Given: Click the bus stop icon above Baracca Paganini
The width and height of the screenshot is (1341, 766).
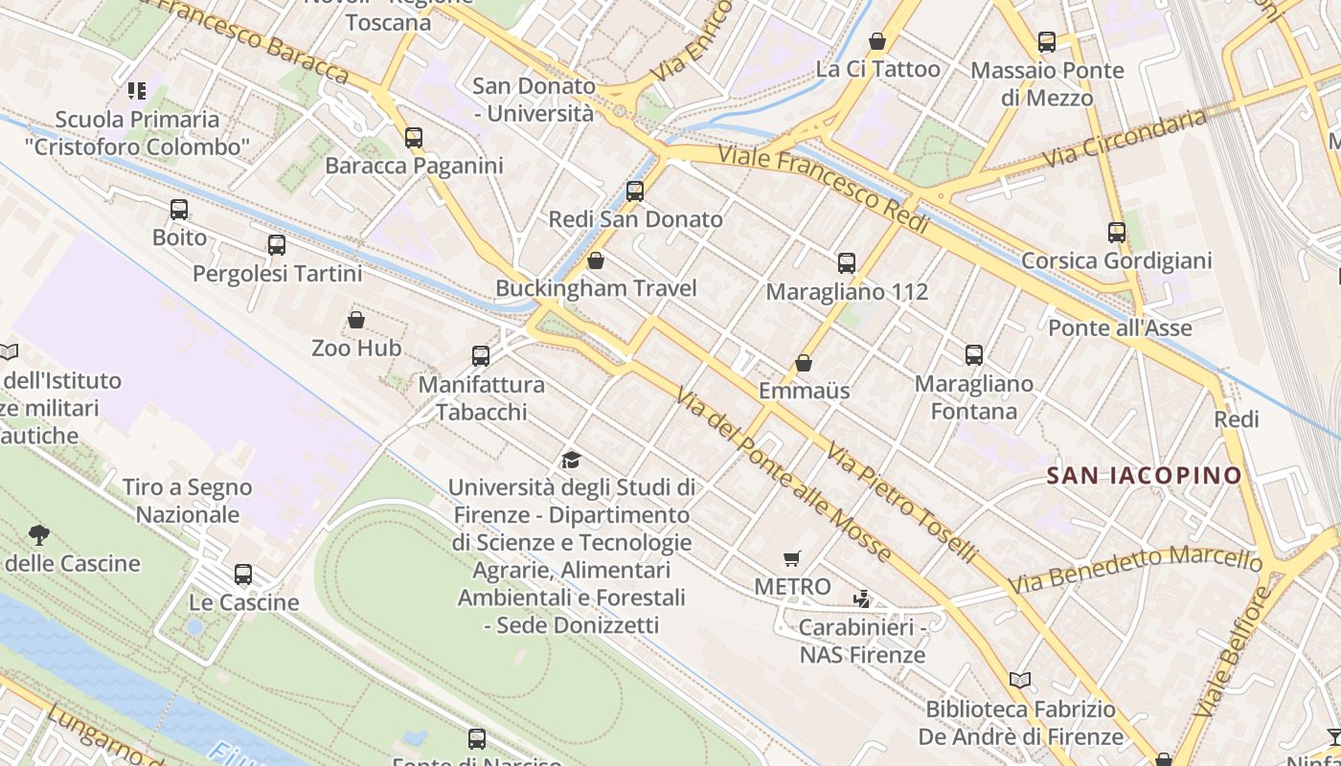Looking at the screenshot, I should (x=413, y=137).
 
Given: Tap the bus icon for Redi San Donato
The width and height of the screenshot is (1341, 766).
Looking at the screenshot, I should (x=634, y=191).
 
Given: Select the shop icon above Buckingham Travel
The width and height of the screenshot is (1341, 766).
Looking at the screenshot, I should (x=595, y=260).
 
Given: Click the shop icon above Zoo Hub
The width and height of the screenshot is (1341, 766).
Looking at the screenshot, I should (x=356, y=320).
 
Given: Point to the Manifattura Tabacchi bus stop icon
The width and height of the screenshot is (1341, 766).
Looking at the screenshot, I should (x=481, y=356).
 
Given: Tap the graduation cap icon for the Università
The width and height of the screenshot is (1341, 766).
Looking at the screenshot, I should (x=572, y=460).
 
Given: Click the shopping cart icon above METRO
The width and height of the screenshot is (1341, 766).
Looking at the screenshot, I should (x=792, y=558).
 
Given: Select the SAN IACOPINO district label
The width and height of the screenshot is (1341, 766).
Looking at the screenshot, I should (x=1144, y=475).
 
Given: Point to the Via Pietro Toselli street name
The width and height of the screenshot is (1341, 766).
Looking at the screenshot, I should (x=902, y=504).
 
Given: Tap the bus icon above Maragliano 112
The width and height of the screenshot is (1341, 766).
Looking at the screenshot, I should (x=846, y=263).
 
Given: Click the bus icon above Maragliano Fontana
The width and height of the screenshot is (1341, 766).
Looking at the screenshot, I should (x=974, y=355).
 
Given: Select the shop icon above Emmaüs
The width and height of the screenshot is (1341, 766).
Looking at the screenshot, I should (x=804, y=364).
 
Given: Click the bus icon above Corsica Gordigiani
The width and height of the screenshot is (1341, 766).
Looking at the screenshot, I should (x=1116, y=232).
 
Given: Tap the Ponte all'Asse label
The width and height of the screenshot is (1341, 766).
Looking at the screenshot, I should (x=1120, y=328).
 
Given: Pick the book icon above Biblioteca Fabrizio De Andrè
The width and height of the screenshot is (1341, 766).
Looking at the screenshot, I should (x=1020, y=681).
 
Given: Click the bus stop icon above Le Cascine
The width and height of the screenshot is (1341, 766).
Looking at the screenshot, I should (x=243, y=574).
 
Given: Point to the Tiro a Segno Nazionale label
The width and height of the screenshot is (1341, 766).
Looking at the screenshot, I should (x=188, y=501).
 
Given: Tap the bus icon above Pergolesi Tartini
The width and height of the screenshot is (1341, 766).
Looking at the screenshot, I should (x=277, y=245).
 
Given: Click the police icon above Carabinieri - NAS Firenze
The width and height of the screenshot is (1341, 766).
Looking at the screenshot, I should (x=862, y=599).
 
